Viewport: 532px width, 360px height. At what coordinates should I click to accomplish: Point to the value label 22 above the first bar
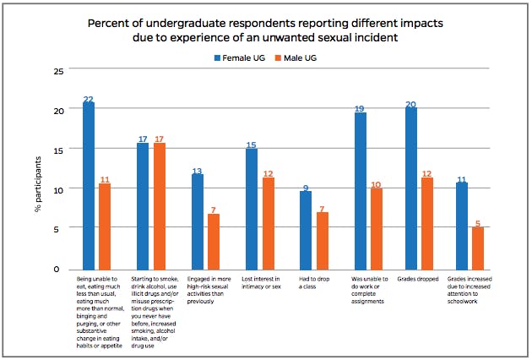(x=89, y=99)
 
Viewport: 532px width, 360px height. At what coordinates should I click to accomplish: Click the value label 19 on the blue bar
(x=361, y=109)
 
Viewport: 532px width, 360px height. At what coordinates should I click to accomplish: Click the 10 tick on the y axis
(x=58, y=190)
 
